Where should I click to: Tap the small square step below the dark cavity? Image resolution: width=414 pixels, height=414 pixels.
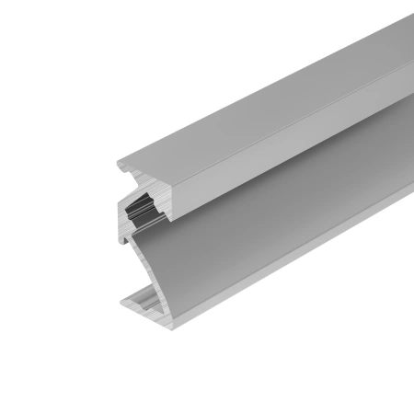point(134,237)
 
